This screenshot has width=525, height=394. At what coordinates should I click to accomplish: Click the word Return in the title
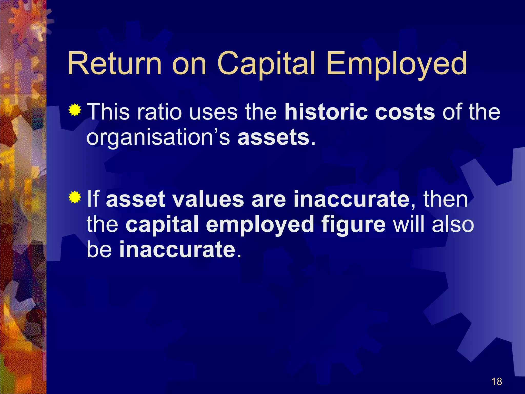pyautogui.click(x=115, y=63)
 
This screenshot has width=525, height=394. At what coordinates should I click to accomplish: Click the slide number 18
pyautogui.click(x=497, y=381)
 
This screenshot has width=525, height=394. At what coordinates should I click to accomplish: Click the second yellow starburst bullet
pyautogui.click(x=75, y=197)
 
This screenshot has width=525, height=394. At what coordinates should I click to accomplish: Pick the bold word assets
pyautogui.click(x=274, y=137)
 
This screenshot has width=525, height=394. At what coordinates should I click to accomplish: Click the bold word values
pyautogui.click(x=208, y=199)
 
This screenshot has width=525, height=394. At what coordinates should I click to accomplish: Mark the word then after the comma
pyautogui.click(x=445, y=199)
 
